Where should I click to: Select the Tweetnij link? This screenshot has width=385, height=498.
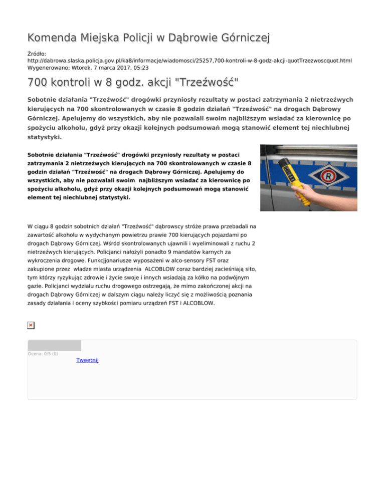coord(87,360)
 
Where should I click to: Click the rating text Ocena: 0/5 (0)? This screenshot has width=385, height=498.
coord(43,354)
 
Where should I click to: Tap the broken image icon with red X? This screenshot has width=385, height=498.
coord(31,325)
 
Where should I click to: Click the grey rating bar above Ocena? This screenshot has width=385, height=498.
coord(54,345)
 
